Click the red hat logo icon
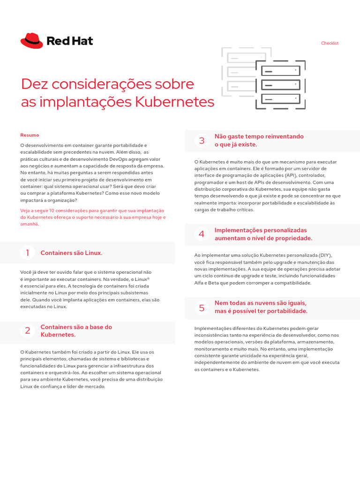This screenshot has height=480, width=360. point(31,41)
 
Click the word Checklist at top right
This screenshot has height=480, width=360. point(330,43)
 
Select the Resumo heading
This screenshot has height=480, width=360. point(30,135)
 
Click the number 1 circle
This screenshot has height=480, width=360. point(27,253)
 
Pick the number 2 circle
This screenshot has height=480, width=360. point(27,330)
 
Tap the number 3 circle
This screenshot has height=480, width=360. point(202,140)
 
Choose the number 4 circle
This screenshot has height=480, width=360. point(202,234)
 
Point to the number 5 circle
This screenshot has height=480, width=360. point(202,307)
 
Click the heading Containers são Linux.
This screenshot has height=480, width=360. point(71,253)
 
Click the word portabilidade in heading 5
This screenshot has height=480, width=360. point(286,311)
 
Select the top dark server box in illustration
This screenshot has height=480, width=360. point(280,71)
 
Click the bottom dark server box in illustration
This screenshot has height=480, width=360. point(280,99)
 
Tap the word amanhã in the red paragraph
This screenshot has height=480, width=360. point(30,224)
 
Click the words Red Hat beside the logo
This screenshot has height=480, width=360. point(70,41)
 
